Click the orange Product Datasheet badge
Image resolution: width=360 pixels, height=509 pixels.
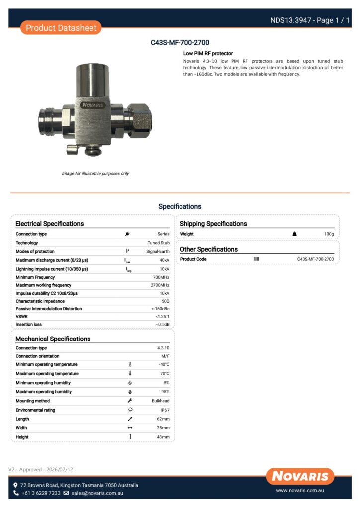(x=61, y=28)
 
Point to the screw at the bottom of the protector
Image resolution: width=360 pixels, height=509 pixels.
(x=92, y=148)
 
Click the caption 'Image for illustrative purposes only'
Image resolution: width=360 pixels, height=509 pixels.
(x=95, y=173)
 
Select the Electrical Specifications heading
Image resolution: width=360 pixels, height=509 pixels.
(x=50, y=224)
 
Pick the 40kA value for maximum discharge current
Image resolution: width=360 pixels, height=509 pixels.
(x=164, y=260)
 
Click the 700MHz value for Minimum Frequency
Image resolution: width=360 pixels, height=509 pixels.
(x=161, y=277)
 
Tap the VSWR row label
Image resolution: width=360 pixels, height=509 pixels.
(x=21, y=317)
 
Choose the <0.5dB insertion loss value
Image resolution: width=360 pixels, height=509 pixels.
(x=162, y=325)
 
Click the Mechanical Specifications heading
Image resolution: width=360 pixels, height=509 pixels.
(x=53, y=339)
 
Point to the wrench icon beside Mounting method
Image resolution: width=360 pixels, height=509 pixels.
(x=130, y=401)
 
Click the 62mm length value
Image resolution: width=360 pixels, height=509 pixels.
(x=163, y=419)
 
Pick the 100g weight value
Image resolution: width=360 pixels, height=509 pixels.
(x=329, y=234)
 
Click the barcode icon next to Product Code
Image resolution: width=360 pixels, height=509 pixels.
(x=256, y=259)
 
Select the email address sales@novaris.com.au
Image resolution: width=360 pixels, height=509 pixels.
(x=97, y=493)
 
